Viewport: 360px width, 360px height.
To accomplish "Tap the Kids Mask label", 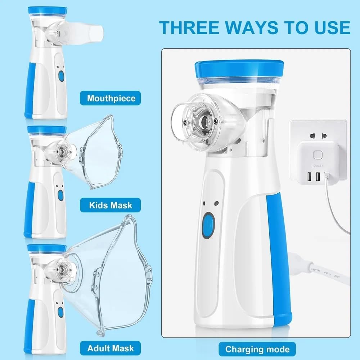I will (111, 206).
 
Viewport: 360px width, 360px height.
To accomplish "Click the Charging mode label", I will (257, 349).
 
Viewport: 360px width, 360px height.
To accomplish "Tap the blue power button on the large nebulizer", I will (208, 225).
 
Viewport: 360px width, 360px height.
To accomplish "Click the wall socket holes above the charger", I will (319, 136).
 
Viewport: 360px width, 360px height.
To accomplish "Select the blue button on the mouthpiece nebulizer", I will (61, 76).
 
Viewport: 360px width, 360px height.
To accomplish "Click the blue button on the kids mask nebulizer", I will (60, 195).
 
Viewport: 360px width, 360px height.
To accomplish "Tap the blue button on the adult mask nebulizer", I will (60, 312).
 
